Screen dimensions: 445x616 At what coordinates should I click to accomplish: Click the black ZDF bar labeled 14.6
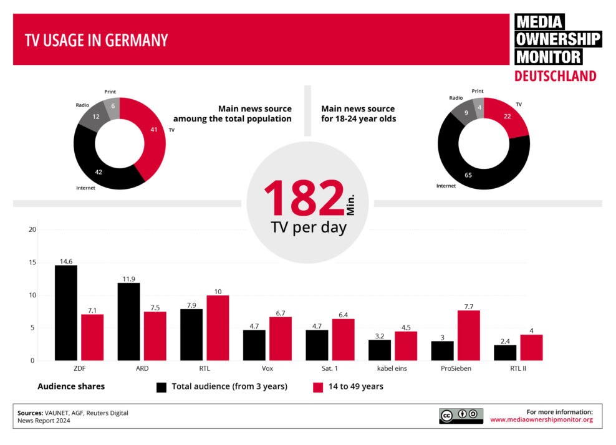pyautogui.click(x=66, y=313)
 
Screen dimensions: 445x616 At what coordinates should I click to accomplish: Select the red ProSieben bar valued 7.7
pyautogui.click(x=468, y=335)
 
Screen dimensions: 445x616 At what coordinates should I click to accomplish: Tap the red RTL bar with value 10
pyautogui.click(x=218, y=328)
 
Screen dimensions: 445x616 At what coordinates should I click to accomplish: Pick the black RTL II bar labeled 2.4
pyautogui.click(x=505, y=353)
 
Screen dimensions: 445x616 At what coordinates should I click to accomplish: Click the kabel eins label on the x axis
pyautogui.click(x=392, y=368)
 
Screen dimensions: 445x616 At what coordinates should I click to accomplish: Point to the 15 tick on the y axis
pyautogui.click(x=32, y=262)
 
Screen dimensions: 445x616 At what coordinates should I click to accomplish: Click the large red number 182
pyautogui.click(x=304, y=199)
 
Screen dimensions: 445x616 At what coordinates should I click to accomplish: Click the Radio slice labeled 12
pyautogui.click(x=90, y=117)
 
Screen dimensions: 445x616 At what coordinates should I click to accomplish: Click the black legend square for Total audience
pyautogui.click(x=161, y=387)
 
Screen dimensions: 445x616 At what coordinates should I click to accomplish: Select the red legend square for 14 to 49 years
pyautogui.click(x=317, y=387)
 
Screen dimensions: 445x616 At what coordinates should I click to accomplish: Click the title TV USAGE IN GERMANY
pyautogui.click(x=96, y=41)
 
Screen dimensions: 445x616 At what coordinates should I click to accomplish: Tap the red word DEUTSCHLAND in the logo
pyautogui.click(x=555, y=76)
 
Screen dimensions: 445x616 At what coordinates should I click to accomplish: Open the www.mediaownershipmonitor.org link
pyautogui.click(x=541, y=420)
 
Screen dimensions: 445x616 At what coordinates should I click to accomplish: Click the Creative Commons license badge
pyautogui.click(x=461, y=416)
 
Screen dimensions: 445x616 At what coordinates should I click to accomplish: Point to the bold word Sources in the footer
pyautogui.click(x=30, y=413)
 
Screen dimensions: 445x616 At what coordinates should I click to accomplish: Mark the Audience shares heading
pyautogui.click(x=71, y=386)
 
